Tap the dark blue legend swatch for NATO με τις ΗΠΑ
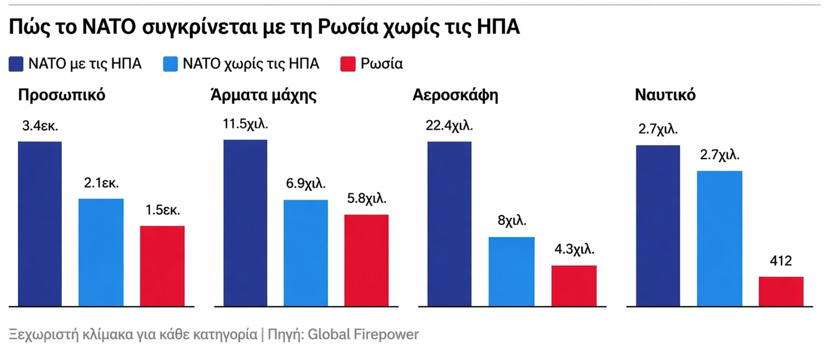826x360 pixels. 16,64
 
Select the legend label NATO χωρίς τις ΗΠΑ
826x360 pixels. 251,64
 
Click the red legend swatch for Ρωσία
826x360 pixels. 348,64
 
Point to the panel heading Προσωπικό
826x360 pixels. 62,95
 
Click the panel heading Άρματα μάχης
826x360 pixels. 263,95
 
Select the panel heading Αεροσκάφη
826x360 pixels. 455,95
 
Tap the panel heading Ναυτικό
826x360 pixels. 665,95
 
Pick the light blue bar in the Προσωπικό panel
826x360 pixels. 101,252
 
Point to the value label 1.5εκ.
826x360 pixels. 162,210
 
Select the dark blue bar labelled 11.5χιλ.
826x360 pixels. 245,223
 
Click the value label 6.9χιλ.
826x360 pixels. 305,184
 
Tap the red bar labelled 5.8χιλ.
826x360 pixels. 367,260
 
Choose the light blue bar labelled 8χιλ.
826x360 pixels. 511,271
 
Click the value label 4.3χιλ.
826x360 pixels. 573,250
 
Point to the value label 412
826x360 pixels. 780,261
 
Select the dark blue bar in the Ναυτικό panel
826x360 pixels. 658,226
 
